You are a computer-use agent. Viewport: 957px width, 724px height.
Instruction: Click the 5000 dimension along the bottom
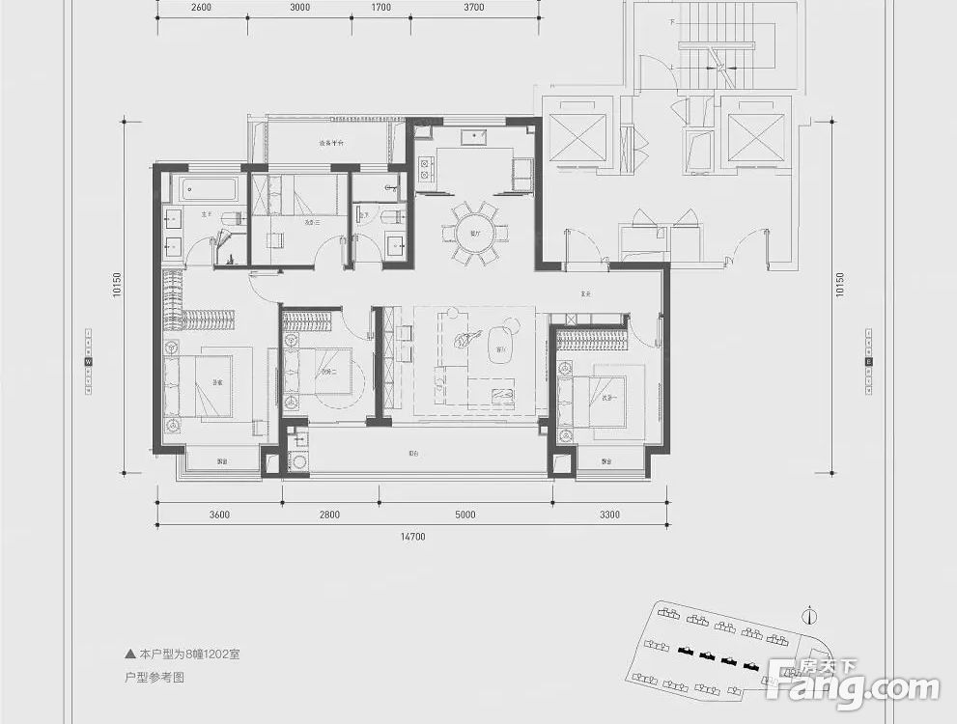[x=464, y=515]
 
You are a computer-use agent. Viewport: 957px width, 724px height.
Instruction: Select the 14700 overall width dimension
[x=411, y=537]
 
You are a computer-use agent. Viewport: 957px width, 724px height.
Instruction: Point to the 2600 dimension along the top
[x=201, y=7]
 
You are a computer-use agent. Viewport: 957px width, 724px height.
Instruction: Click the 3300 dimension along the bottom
[x=608, y=515]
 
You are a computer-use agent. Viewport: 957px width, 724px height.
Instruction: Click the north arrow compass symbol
[x=809, y=615]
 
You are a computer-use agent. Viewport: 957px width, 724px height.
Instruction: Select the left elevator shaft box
[x=577, y=137]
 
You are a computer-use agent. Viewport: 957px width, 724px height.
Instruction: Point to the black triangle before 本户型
[x=130, y=654]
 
